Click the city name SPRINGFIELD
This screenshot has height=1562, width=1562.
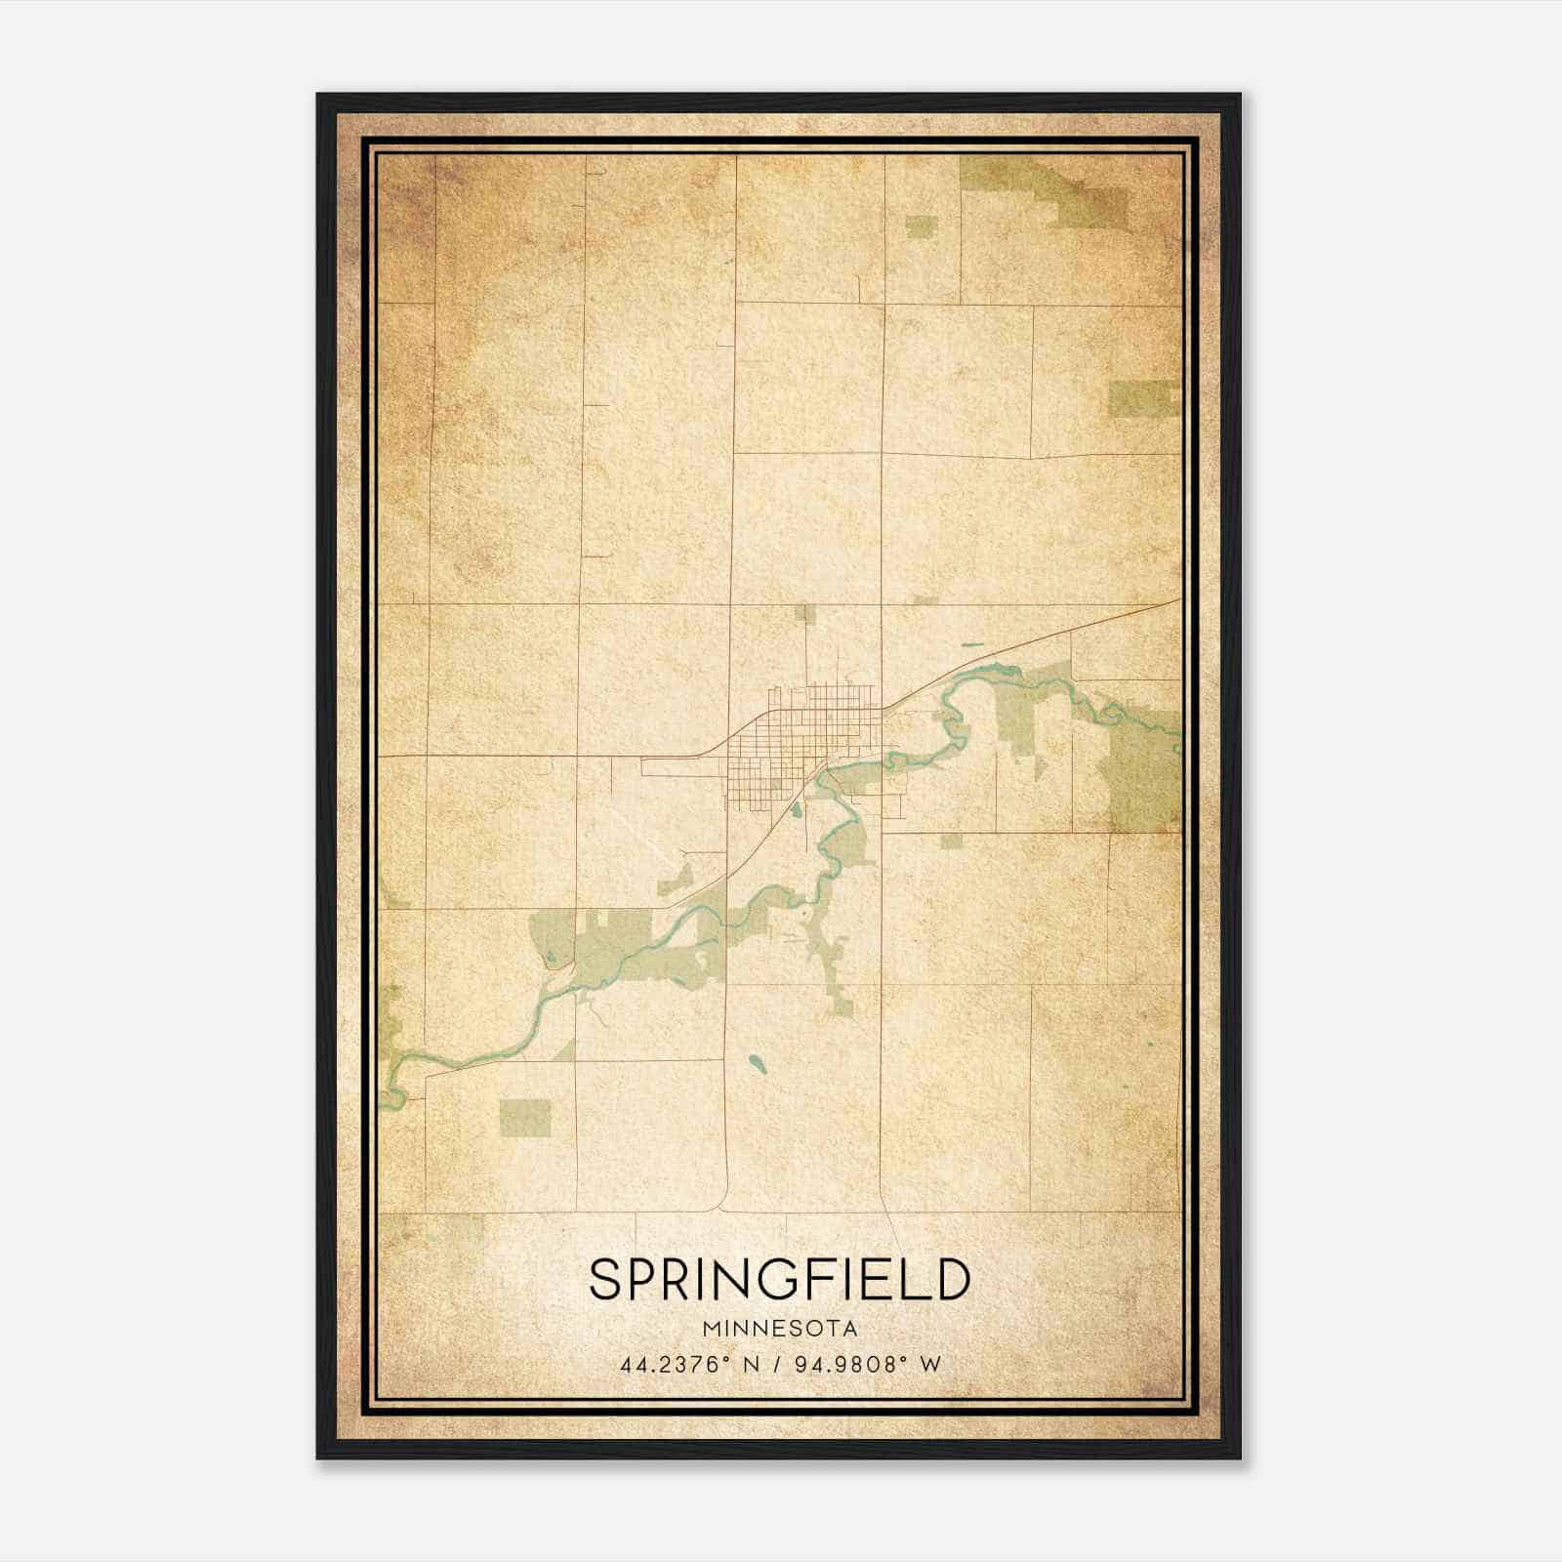click(780, 1279)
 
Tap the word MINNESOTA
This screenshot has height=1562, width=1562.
click(780, 1329)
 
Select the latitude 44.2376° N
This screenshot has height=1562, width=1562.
click(690, 1365)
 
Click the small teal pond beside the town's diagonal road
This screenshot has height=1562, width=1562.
click(797, 809)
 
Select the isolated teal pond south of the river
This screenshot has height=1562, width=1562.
click(757, 1062)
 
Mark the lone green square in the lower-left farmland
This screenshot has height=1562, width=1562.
click(525, 1119)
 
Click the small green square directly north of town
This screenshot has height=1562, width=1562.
click(804, 613)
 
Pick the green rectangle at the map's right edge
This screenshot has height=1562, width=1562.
click(1142, 397)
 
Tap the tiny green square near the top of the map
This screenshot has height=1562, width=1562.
click(921, 227)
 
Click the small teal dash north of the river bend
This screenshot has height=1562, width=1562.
click(971, 644)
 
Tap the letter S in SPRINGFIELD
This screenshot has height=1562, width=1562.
click(605, 1279)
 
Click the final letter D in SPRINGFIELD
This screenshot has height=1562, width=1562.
click(952, 1279)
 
